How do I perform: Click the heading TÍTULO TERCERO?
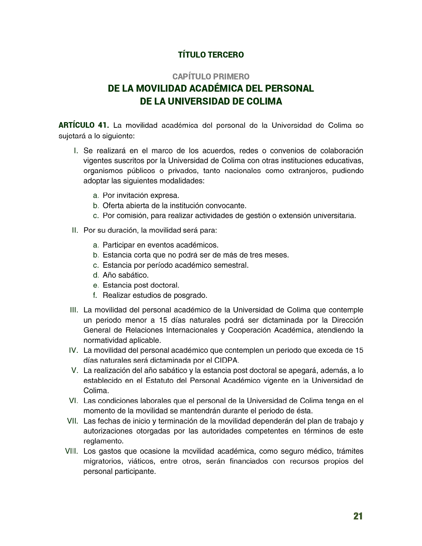point(211,55)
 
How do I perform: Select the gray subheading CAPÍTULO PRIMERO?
point(211,76)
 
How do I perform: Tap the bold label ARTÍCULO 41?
point(83,125)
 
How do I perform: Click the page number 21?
point(358,516)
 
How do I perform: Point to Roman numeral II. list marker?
point(75,230)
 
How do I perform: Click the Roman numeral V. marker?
point(74,370)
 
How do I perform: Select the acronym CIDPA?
point(227,360)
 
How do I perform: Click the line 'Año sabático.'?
point(125,275)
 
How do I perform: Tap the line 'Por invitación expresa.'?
point(141,196)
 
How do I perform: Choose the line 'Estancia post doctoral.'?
point(141,285)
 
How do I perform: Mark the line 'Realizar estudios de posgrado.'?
point(155,295)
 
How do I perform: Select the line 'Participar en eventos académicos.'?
point(161,245)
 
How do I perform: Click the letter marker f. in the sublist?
point(95,295)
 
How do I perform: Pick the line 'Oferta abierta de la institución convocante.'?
point(174,205)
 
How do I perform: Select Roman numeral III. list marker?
point(74,310)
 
